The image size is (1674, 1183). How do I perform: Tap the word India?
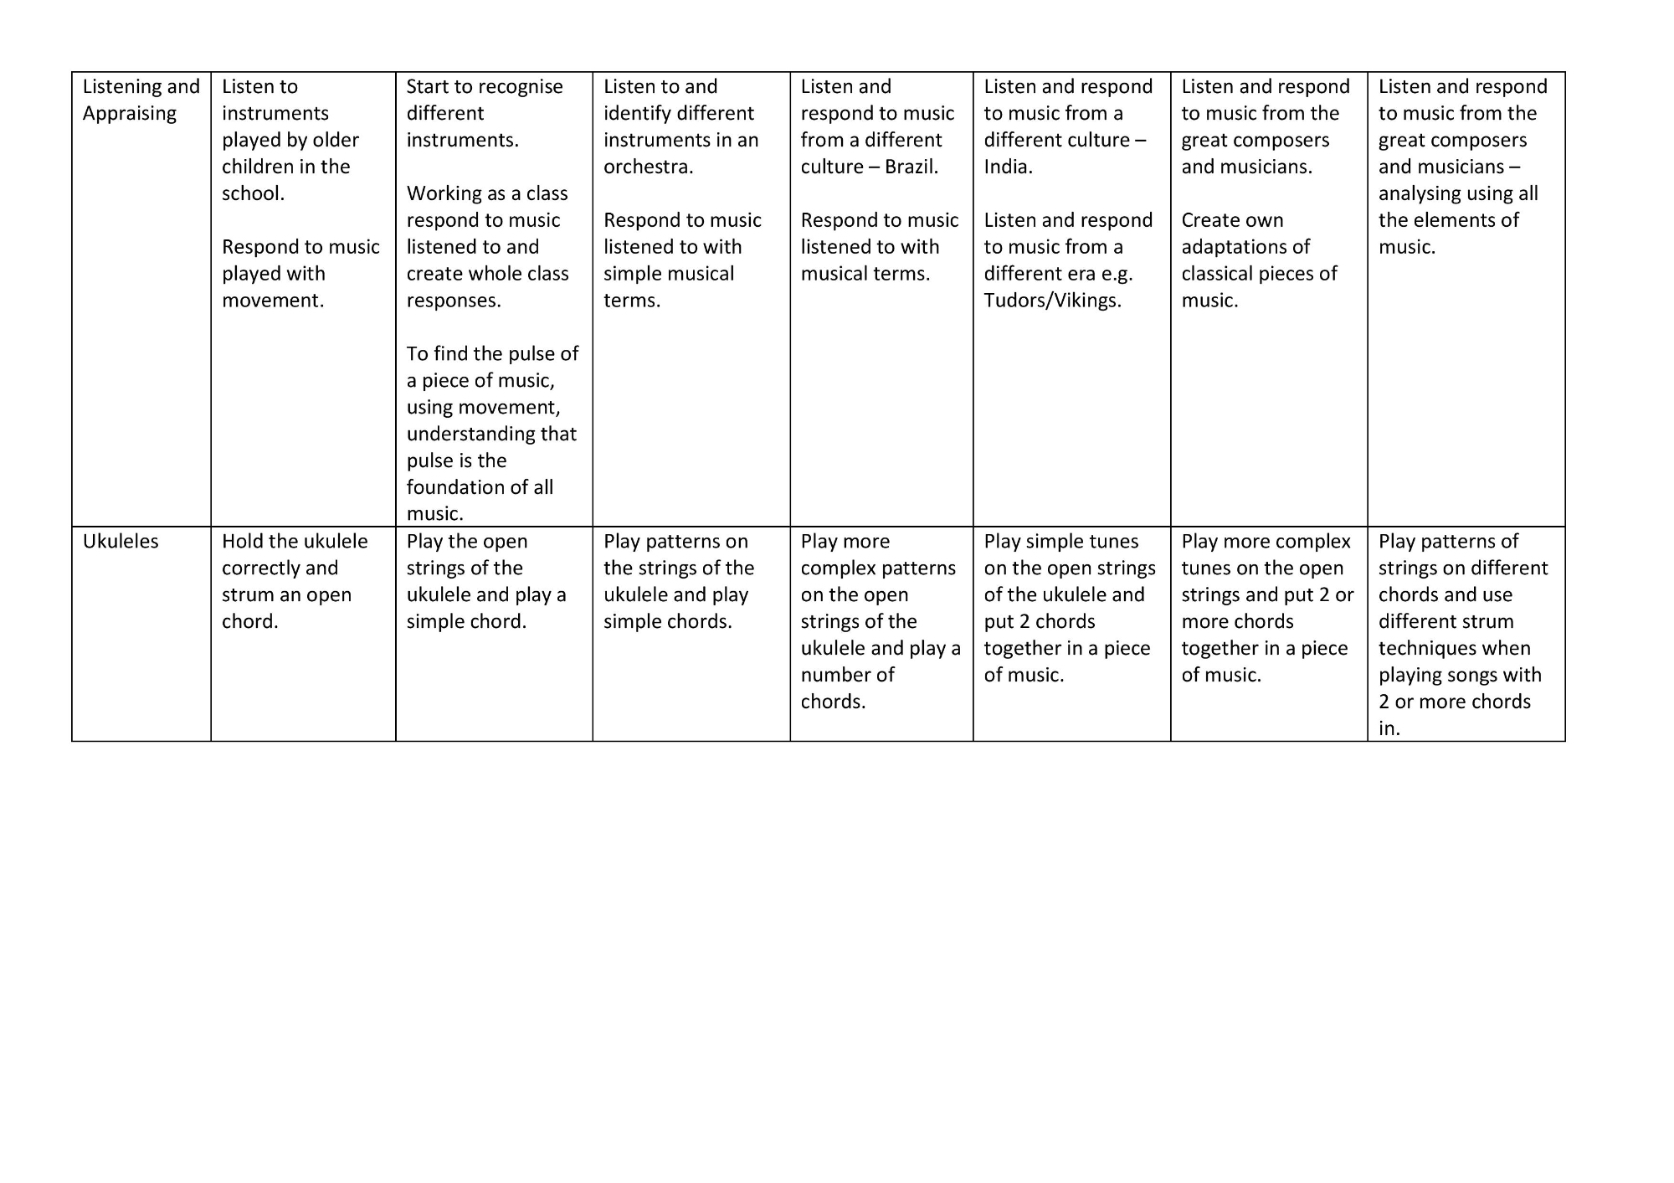point(1007,167)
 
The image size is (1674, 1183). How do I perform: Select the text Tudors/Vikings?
point(1051,301)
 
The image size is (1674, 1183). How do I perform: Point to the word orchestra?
point(647,167)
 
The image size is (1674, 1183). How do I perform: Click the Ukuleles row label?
point(121,542)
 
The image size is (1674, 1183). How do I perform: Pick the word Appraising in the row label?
point(129,114)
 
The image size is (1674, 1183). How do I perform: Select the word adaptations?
point(1245,247)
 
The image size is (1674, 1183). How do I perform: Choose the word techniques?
point(1454,648)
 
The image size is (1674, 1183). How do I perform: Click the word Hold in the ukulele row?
point(242,542)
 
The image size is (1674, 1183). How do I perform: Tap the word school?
point(251,193)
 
